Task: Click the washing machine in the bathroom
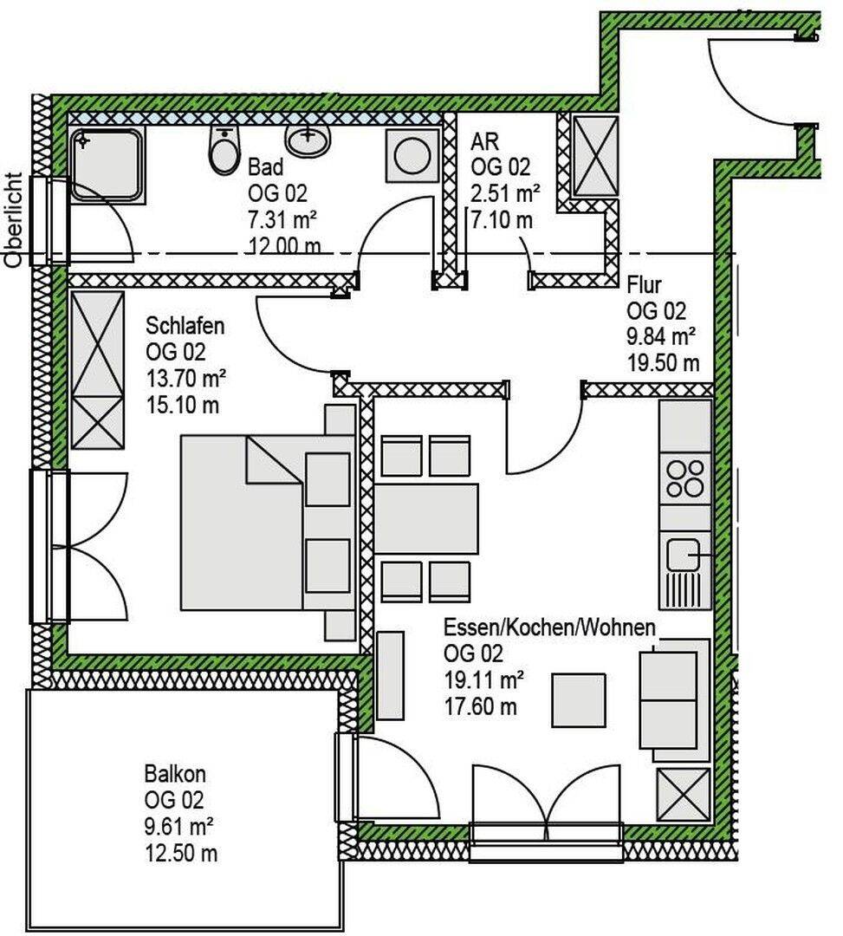pyautogui.click(x=412, y=155)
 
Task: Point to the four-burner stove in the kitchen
pyautogui.click(x=685, y=478)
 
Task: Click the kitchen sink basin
pyautogui.click(x=683, y=555)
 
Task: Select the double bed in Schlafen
pyautogui.click(x=268, y=522)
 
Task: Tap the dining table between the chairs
pyautogui.click(x=426, y=518)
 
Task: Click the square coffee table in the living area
pyautogui.click(x=578, y=699)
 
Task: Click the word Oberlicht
pyautogui.click(x=13, y=219)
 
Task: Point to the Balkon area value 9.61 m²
pyautogui.click(x=179, y=827)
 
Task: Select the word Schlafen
pyautogui.click(x=185, y=326)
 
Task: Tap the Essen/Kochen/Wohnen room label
pyautogui.click(x=549, y=628)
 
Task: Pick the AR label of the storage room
pyautogui.click(x=484, y=141)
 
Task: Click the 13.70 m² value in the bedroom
pyautogui.click(x=186, y=379)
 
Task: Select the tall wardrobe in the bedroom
pyautogui.click(x=98, y=369)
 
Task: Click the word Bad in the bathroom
pyautogui.click(x=265, y=166)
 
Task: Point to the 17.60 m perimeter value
pyautogui.click(x=480, y=707)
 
